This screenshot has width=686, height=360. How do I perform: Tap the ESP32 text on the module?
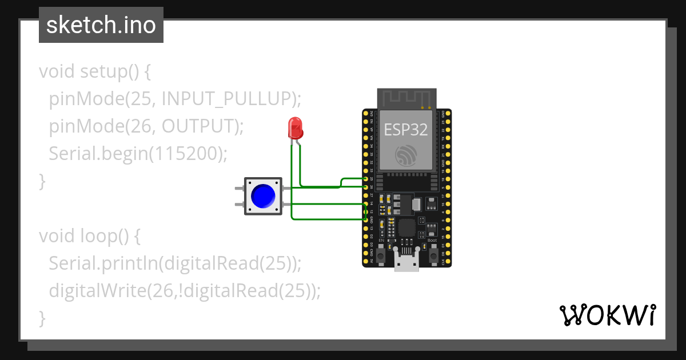(406, 130)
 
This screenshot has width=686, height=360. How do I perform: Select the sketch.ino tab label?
(101, 25)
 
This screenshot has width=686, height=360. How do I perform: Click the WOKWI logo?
(607, 315)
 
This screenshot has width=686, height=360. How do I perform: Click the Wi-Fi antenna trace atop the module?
(406, 98)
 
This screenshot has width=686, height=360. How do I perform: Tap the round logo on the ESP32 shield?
(406, 155)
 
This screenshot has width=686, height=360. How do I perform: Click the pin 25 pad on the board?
(366, 179)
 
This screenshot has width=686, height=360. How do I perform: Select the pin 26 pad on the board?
(366, 187)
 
